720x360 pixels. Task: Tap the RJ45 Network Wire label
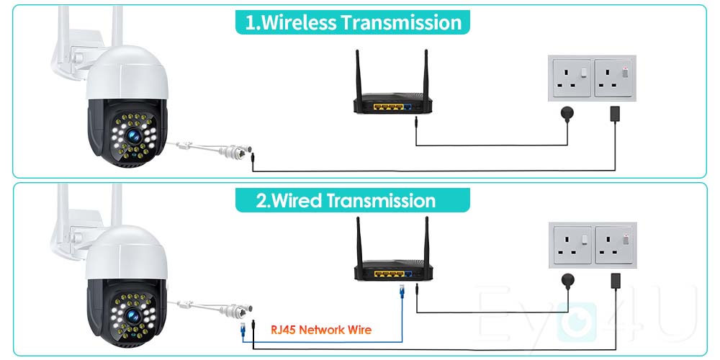[321, 330]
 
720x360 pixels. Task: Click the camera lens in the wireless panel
[135, 134]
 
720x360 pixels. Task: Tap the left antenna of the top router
[358, 72]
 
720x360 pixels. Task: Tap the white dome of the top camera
[127, 72]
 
